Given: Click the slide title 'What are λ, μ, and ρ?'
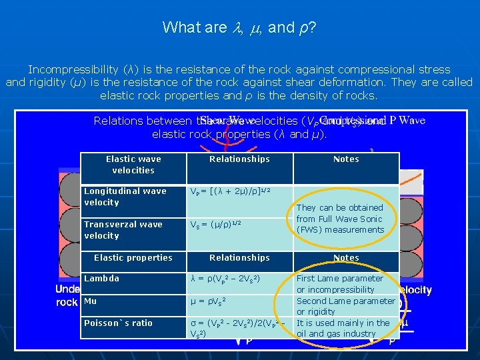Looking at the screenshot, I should pyautogui.click(x=239, y=27).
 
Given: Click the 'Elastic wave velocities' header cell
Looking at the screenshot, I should pyautogui.click(x=133, y=165).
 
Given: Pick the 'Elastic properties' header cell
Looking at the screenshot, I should pyautogui.click(x=133, y=258).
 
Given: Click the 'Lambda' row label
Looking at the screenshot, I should pyautogui.click(x=102, y=279).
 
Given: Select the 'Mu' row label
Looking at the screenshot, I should pyautogui.click(x=91, y=301).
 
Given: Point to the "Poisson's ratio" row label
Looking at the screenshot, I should pyautogui.click(x=119, y=323).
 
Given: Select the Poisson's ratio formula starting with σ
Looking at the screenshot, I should pyautogui.click(x=238, y=328).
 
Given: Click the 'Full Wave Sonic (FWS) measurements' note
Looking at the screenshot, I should pyautogui.click(x=340, y=219).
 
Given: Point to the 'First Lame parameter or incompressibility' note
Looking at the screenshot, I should pyautogui.click(x=340, y=284).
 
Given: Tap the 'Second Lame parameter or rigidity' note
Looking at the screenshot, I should pyautogui.click(x=345, y=307).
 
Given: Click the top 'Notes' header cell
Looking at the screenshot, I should pyautogui.click(x=346, y=159).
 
